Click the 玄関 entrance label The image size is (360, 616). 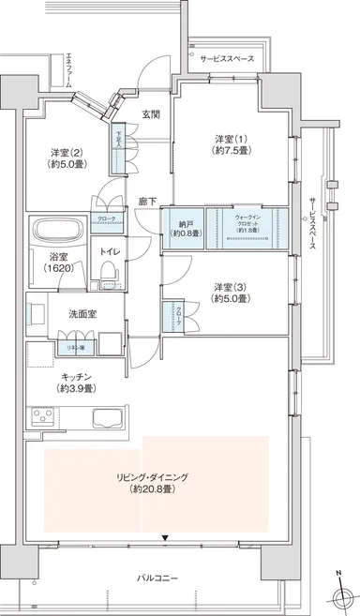click(150, 114)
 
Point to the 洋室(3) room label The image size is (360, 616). click(229, 292)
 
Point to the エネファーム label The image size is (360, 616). click(53, 69)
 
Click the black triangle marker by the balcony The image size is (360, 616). click(165, 538)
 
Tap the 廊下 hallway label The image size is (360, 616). click(147, 201)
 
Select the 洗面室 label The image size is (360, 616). click(81, 314)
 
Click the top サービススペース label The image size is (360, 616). click(228, 58)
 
